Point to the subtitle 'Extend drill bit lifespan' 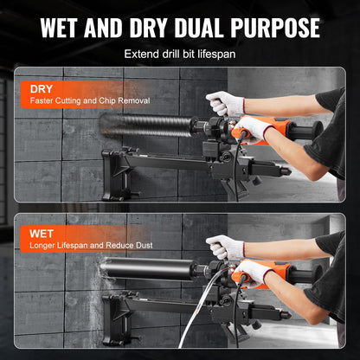(x=179, y=55)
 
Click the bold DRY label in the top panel (x=42, y=89)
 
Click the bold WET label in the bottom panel (x=42, y=232)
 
